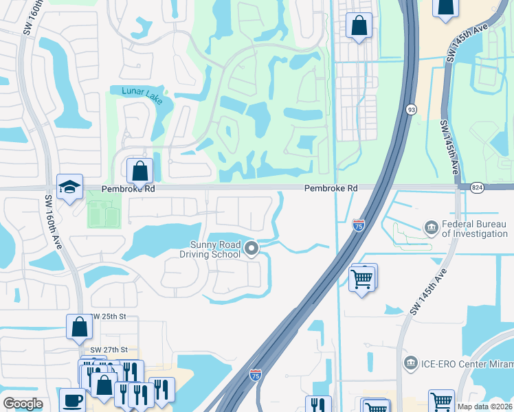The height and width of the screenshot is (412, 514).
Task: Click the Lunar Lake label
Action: pos(142,95)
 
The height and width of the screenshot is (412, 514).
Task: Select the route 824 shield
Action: pos(478,187)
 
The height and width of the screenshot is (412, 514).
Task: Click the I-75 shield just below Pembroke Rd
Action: pos(358,225)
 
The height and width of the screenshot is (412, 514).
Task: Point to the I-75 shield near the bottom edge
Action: pos(255,375)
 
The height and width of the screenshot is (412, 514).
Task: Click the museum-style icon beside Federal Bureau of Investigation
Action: pos(431,227)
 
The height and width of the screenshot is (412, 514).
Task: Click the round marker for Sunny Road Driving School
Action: pos(252,249)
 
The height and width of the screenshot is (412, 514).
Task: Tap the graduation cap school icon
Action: pos(69,187)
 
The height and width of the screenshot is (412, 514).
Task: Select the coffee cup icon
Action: pos(72,400)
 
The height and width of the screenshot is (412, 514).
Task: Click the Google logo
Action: pos(23,404)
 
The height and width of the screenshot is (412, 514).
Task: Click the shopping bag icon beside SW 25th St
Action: pos(79,326)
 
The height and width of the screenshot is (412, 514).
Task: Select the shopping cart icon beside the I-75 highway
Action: pos(362,279)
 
